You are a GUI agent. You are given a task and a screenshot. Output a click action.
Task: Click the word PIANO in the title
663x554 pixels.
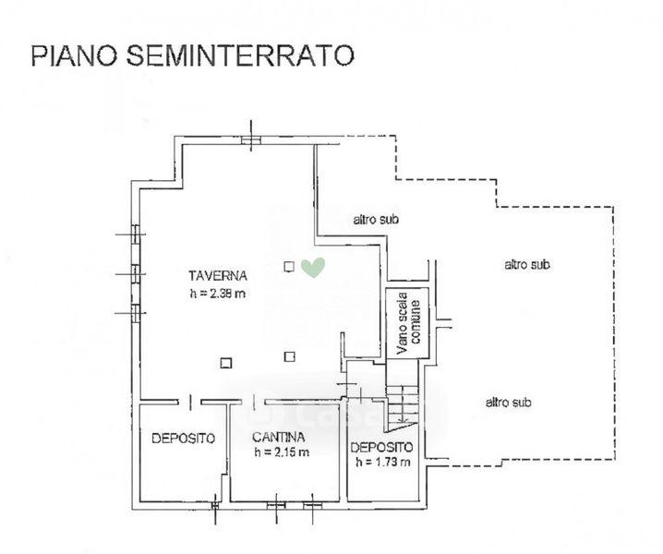(x=75, y=54)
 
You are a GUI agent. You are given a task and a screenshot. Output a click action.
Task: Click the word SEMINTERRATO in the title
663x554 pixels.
(x=240, y=54)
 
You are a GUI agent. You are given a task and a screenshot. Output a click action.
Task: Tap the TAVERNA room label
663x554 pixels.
(x=218, y=276)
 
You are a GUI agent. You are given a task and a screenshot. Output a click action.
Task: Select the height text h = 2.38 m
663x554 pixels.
(x=218, y=293)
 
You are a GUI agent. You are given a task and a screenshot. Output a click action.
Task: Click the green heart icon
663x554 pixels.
(x=313, y=267)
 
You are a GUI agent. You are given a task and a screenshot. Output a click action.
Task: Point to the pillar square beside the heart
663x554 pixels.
(x=289, y=267)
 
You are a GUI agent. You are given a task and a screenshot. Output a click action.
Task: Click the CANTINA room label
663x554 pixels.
(x=278, y=437)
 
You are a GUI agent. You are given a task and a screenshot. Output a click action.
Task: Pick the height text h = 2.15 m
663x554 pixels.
(x=282, y=452)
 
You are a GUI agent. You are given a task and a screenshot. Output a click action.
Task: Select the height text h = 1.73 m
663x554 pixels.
(x=382, y=462)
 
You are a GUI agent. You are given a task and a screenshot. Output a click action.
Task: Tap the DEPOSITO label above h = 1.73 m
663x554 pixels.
(x=381, y=447)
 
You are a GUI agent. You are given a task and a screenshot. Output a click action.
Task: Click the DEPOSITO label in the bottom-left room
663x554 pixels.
(x=184, y=439)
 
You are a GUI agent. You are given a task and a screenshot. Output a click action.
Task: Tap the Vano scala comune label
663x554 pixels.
(x=408, y=322)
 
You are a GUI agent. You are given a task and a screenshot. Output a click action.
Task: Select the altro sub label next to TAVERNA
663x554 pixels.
(x=376, y=220)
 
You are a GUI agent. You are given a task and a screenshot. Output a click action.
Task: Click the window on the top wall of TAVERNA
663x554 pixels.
(x=251, y=140)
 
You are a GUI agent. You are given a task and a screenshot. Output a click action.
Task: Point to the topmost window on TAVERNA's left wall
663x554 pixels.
(x=136, y=235)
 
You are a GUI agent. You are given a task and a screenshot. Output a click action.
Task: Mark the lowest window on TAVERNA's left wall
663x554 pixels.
(x=136, y=313)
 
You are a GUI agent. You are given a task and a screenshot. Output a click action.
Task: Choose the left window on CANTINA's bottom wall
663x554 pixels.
(x=276, y=505)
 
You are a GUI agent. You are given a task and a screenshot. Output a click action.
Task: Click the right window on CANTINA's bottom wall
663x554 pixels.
(x=312, y=505)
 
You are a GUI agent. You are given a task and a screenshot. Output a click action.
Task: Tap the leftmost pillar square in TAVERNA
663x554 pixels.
(x=226, y=363)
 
